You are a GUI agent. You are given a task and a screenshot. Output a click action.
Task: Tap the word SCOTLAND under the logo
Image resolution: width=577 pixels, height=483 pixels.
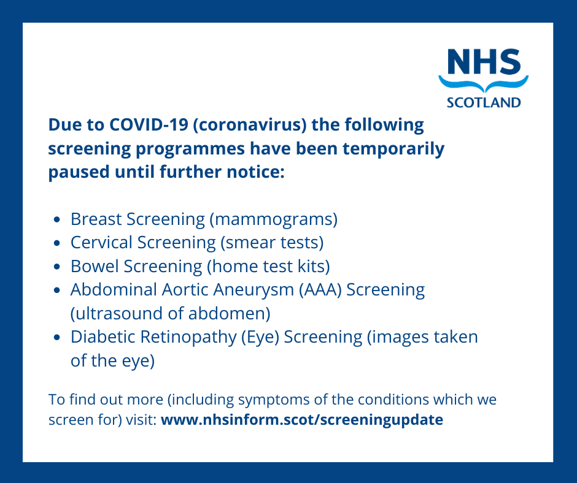click(483, 102)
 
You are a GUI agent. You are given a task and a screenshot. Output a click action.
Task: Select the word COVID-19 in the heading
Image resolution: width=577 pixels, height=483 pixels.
click(149, 125)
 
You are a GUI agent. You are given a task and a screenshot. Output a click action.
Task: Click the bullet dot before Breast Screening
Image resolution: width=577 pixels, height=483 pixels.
click(56, 219)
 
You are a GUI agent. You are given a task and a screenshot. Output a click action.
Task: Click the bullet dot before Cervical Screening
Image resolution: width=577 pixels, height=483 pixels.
click(56, 243)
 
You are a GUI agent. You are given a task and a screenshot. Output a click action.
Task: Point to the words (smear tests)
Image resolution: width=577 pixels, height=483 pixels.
click(272, 243)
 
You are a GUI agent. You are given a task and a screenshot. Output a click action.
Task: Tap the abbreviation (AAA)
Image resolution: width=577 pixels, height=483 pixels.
click(320, 289)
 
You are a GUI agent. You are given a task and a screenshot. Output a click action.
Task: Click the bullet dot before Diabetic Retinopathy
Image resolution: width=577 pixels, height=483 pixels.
click(56, 338)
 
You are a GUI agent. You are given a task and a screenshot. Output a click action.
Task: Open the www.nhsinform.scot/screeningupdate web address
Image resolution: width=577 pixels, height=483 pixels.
click(301, 421)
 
